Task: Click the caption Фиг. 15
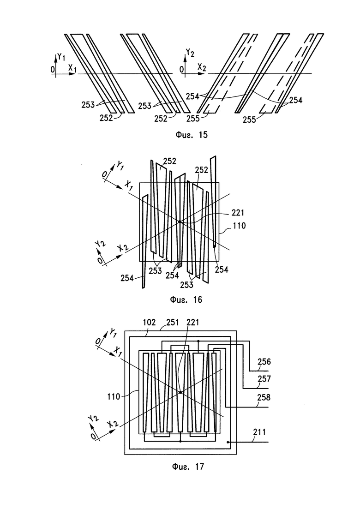coord(191,135)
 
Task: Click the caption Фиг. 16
coord(186,299)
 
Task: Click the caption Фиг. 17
coord(188,467)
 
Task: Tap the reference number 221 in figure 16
coord(238,213)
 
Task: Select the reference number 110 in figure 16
coord(239,226)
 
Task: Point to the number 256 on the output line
coord(264,362)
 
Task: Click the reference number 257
coord(264,379)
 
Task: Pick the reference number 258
coord(264,397)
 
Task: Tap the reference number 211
coord(259,432)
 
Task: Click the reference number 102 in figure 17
coord(150,323)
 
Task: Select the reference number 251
coord(173,323)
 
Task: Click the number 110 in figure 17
coord(114,397)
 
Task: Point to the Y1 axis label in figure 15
coord(61,58)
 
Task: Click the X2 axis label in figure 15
coord(202,67)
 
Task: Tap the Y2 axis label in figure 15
coord(190,52)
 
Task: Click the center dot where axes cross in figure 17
coord(180,392)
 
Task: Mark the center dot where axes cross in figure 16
coord(179,222)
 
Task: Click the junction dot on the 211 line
coord(228,442)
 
